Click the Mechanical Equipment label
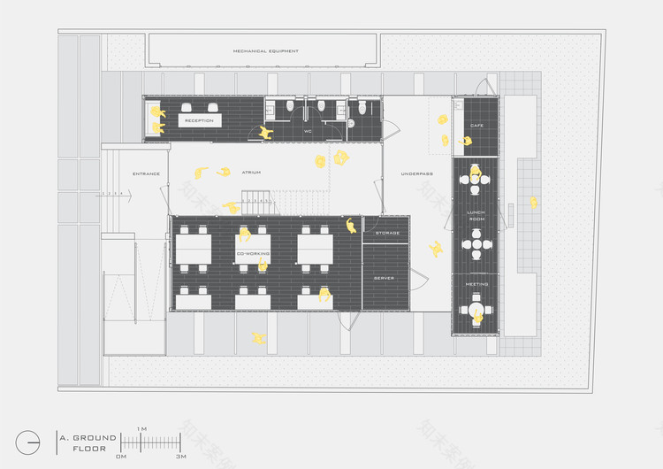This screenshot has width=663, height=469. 265,51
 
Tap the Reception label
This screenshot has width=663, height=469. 199,120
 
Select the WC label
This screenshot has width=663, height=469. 308,131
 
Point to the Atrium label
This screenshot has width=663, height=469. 250,173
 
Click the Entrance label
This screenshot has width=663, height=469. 146,173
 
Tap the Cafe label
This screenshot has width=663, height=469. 476,126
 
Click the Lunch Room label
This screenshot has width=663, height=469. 476,216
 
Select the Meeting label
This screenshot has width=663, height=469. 476,284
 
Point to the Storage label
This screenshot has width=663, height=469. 387,233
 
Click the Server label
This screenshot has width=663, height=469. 384,278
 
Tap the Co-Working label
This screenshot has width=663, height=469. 253,254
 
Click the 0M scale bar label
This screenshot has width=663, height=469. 122,457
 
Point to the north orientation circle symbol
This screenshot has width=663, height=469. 27,442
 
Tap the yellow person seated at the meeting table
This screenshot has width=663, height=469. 478,316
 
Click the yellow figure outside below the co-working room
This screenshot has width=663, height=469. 258,338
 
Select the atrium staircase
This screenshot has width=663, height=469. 257,200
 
